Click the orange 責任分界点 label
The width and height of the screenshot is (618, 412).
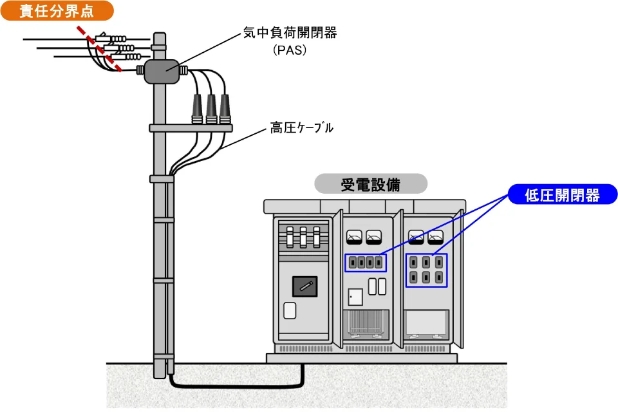[57, 11]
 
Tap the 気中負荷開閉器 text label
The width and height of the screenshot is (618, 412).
[290, 33]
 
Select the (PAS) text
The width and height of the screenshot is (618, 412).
[290, 50]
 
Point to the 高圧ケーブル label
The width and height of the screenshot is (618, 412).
[301, 127]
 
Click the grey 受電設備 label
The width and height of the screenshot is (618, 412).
[371, 184]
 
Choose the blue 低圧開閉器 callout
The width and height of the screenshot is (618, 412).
[563, 195]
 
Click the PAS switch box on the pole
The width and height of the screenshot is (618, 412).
[162, 71]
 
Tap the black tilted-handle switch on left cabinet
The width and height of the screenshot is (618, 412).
[304, 286]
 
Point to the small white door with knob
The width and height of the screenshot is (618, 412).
[355, 297]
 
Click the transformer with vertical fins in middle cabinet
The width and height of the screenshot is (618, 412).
[366, 324]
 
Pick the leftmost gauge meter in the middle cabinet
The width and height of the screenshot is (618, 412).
[354, 236]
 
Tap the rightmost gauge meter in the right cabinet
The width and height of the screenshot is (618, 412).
[436, 237]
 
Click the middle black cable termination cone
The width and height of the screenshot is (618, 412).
[211, 109]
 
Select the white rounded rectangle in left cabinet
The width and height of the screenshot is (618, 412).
[290, 310]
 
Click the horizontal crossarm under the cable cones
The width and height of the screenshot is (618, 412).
[191, 127]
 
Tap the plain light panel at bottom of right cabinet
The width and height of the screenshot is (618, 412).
[426, 324]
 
